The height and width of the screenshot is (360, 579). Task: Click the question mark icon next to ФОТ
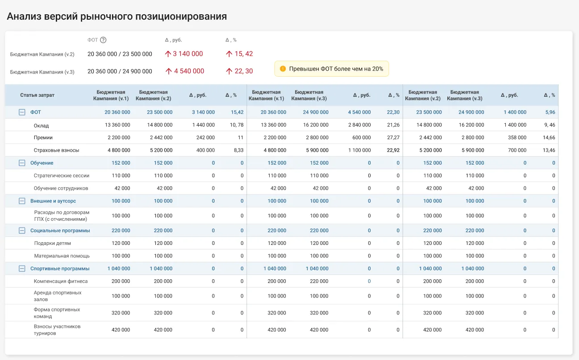click(x=103, y=40)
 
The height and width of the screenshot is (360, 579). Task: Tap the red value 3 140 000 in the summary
click(x=187, y=54)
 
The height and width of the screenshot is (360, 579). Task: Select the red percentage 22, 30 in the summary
click(x=243, y=71)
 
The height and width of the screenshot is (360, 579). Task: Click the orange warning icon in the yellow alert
click(x=283, y=69)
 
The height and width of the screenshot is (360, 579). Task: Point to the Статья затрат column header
click(x=37, y=95)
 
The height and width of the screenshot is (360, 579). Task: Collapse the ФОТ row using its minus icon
click(x=22, y=112)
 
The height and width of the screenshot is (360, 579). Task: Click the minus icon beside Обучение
click(x=22, y=163)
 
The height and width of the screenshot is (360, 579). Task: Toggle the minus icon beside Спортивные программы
click(x=22, y=269)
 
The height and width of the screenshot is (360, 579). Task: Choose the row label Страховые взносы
click(x=56, y=150)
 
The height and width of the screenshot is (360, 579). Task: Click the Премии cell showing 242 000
click(x=205, y=137)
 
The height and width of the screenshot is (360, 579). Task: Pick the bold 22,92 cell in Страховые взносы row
click(x=393, y=150)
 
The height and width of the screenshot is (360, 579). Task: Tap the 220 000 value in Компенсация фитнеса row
click(x=319, y=281)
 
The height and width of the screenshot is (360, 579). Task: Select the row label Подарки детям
click(x=53, y=243)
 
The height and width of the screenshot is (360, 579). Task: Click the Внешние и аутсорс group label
click(x=53, y=201)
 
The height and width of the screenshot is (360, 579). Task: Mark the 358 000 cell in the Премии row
click(x=517, y=137)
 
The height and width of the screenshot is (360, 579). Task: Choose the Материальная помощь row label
click(x=62, y=256)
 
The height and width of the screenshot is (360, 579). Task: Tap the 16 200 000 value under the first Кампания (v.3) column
click(x=316, y=125)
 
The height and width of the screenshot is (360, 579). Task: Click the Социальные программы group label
click(x=60, y=231)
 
